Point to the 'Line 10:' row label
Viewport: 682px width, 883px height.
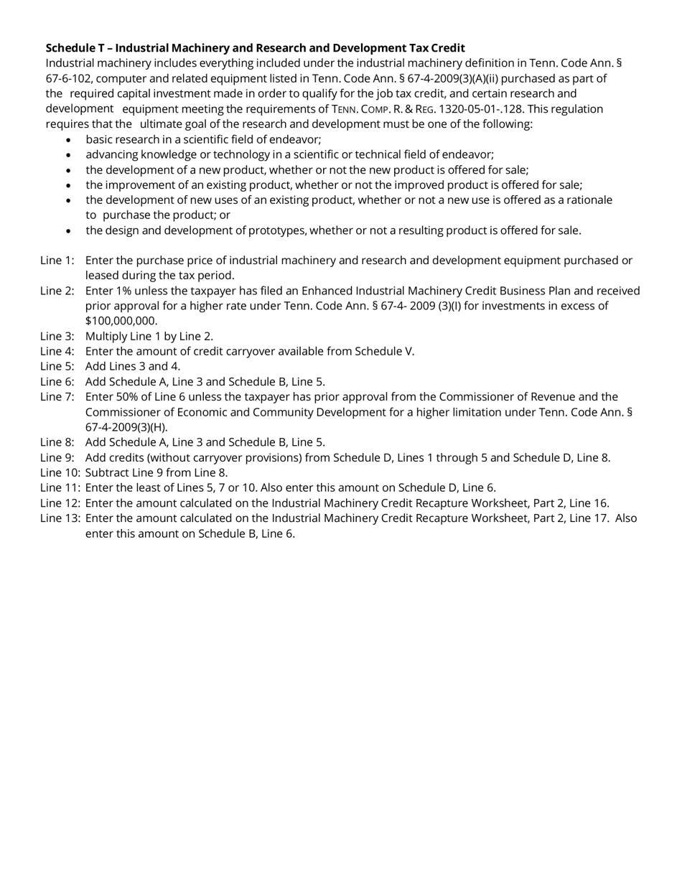pyautogui.click(x=60, y=472)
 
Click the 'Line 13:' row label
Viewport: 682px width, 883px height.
pyautogui.click(x=60, y=518)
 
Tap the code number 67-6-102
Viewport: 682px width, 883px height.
pyautogui.click(x=68, y=78)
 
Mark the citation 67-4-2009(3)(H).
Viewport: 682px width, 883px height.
pyautogui.click(x=126, y=427)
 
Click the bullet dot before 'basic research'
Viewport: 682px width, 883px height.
pyautogui.click(x=68, y=140)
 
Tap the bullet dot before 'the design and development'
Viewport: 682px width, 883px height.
pyautogui.click(x=68, y=231)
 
